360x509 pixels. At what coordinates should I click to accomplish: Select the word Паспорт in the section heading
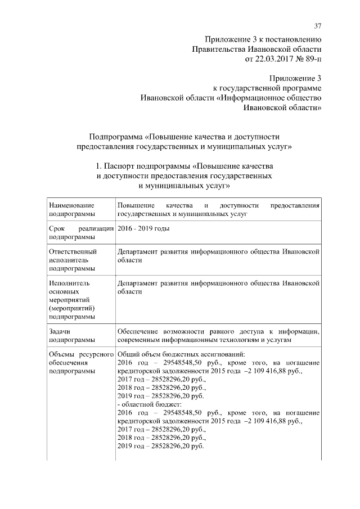tap(121, 166)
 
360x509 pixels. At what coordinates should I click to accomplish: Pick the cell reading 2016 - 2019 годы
tap(143, 229)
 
